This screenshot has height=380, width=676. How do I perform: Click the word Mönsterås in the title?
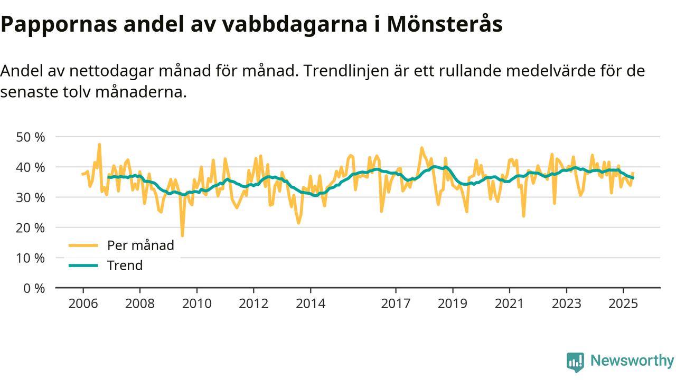[x=444, y=24]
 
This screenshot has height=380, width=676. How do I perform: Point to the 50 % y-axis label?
[x=31, y=137]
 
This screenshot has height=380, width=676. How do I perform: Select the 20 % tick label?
[x=31, y=228]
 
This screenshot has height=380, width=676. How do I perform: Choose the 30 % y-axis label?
[x=31, y=197]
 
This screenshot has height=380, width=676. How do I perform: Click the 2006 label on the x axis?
[x=83, y=305]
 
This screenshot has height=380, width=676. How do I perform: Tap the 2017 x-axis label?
[x=396, y=305]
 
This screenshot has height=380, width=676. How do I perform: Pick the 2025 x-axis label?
[x=623, y=305]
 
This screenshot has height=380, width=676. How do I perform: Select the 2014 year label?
[x=311, y=305]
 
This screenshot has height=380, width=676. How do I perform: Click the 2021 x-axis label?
[x=510, y=305]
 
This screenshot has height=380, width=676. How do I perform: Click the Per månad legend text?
[x=140, y=245]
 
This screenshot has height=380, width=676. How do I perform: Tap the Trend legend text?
[x=125, y=265]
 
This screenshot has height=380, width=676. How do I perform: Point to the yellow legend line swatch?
[x=83, y=245]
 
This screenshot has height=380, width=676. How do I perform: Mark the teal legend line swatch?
[x=83, y=265]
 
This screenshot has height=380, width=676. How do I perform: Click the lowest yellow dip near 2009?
[x=182, y=235]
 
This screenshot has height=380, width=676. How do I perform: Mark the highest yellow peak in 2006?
[x=99, y=144]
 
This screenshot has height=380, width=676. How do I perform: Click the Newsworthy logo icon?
[x=575, y=362]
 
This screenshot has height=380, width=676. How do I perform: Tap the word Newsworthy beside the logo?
[x=632, y=361]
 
